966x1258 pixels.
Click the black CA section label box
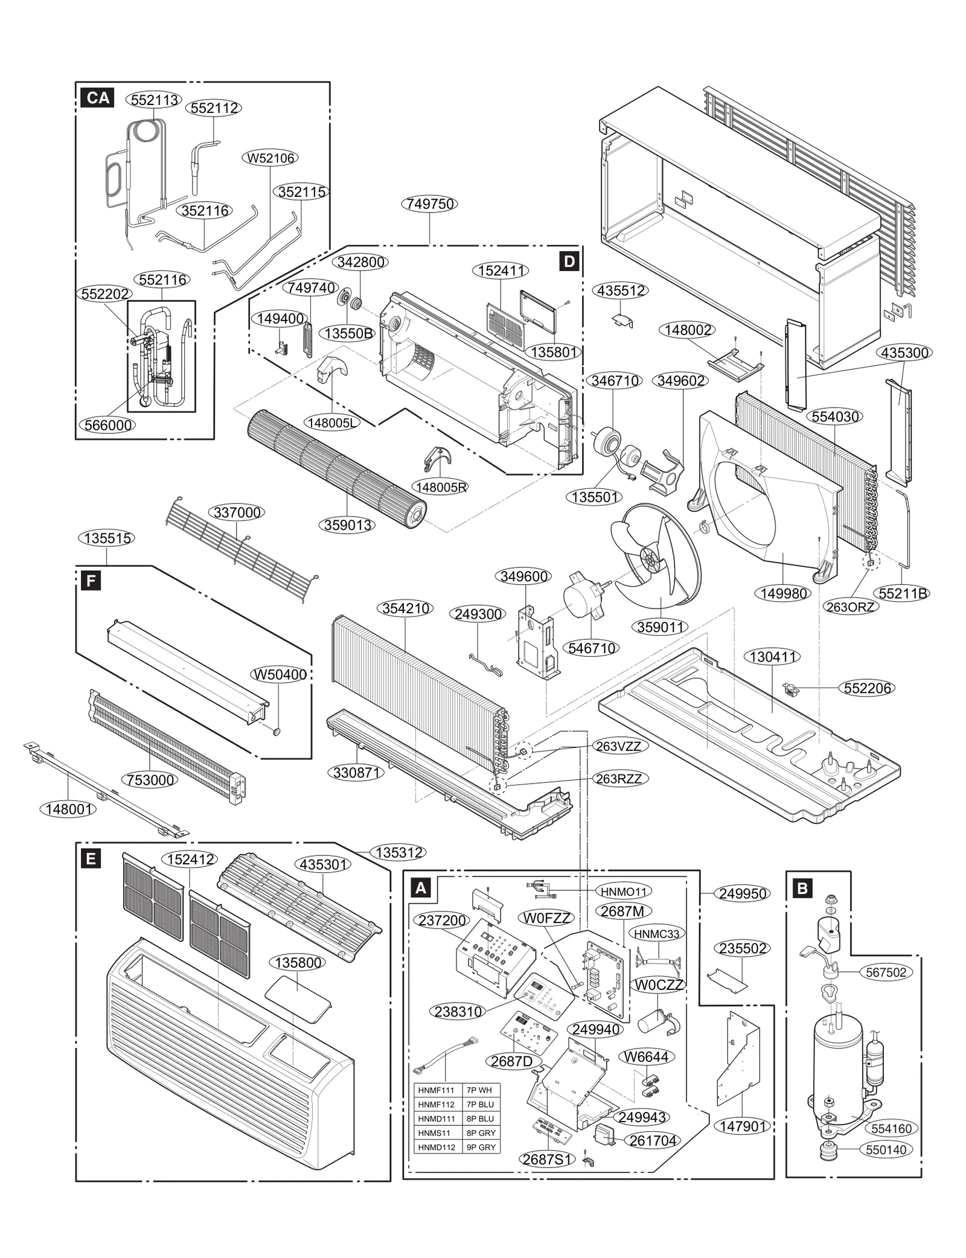tap(97, 98)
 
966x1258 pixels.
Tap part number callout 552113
tap(155, 100)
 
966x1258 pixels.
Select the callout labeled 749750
tap(429, 204)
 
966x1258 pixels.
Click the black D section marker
tap(569, 261)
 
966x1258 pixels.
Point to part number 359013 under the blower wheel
tap(348, 525)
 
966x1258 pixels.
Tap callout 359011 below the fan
tap(661, 627)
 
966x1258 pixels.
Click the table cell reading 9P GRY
tap(481, 1147)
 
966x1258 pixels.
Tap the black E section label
tap(91, 858)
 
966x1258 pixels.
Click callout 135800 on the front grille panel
tap(299, 962)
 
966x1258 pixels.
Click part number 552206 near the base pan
tap(867, 688)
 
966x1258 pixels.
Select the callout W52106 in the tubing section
tap(272, 158)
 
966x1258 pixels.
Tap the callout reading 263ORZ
tap(850, 607)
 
